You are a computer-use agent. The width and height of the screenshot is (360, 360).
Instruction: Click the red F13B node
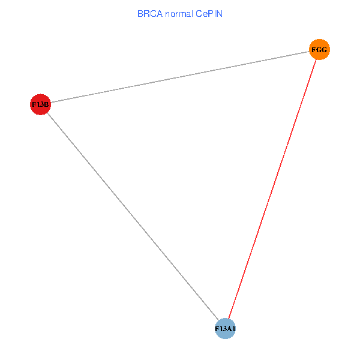[40, 104]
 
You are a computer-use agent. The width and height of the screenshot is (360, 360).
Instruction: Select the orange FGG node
[319, 50]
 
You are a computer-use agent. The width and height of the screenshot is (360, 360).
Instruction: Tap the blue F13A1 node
[225, 329]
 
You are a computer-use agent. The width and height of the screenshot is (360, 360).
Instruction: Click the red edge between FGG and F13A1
[272, 189]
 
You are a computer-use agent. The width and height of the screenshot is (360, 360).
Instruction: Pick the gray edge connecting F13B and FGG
[180, 77]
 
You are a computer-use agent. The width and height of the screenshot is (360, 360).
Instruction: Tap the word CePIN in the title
[209, 13]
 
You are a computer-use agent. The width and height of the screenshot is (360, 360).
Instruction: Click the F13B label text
[40, 104]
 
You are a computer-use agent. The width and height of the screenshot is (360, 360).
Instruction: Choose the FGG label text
[319, 50]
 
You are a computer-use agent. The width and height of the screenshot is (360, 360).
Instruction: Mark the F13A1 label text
[225, 329]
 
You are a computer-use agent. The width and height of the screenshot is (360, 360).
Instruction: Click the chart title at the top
[180, 13]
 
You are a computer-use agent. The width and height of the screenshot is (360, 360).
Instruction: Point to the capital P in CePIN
[210, 13]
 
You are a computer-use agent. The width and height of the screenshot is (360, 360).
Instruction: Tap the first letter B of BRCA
[140, 13]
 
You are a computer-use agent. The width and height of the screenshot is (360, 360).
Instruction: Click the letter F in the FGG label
[314, 50]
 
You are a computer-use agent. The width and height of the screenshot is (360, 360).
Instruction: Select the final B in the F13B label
[46, 104]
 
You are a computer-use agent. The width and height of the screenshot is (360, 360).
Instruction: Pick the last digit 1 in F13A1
[233, 329]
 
